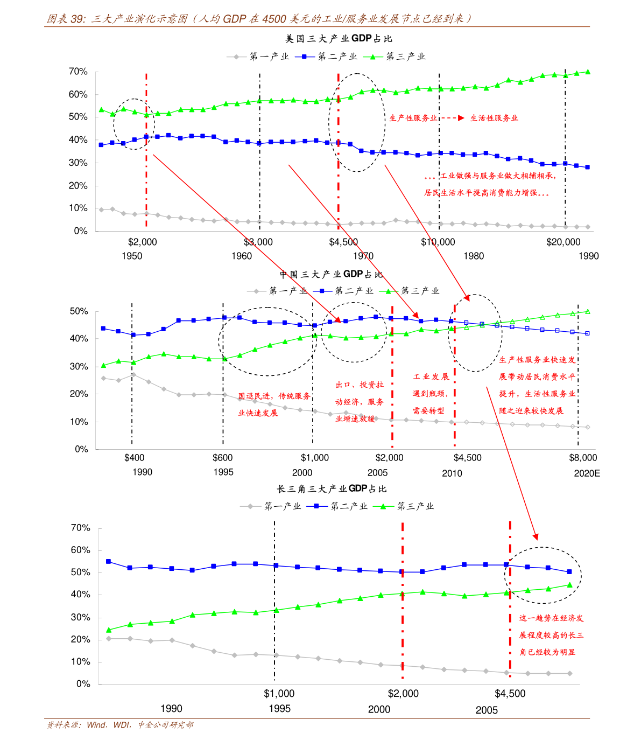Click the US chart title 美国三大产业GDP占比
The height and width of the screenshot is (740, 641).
339,39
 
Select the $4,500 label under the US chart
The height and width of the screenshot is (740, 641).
343,242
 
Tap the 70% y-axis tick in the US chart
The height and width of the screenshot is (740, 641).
78,72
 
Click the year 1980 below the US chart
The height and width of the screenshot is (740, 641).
474,256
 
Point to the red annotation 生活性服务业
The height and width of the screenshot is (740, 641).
494,118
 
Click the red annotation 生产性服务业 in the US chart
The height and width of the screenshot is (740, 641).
413,118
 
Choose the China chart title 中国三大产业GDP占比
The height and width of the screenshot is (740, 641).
331,275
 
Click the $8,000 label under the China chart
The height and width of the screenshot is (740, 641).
583,458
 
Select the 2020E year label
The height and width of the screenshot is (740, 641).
587,473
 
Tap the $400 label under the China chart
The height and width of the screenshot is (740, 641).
134,458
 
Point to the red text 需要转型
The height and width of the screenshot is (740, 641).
429,410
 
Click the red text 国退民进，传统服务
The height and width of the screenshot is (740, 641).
274,396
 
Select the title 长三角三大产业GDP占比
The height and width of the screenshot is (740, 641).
332,489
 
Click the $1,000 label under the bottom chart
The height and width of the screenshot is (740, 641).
279,694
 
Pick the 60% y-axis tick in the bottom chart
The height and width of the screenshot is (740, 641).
81,550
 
